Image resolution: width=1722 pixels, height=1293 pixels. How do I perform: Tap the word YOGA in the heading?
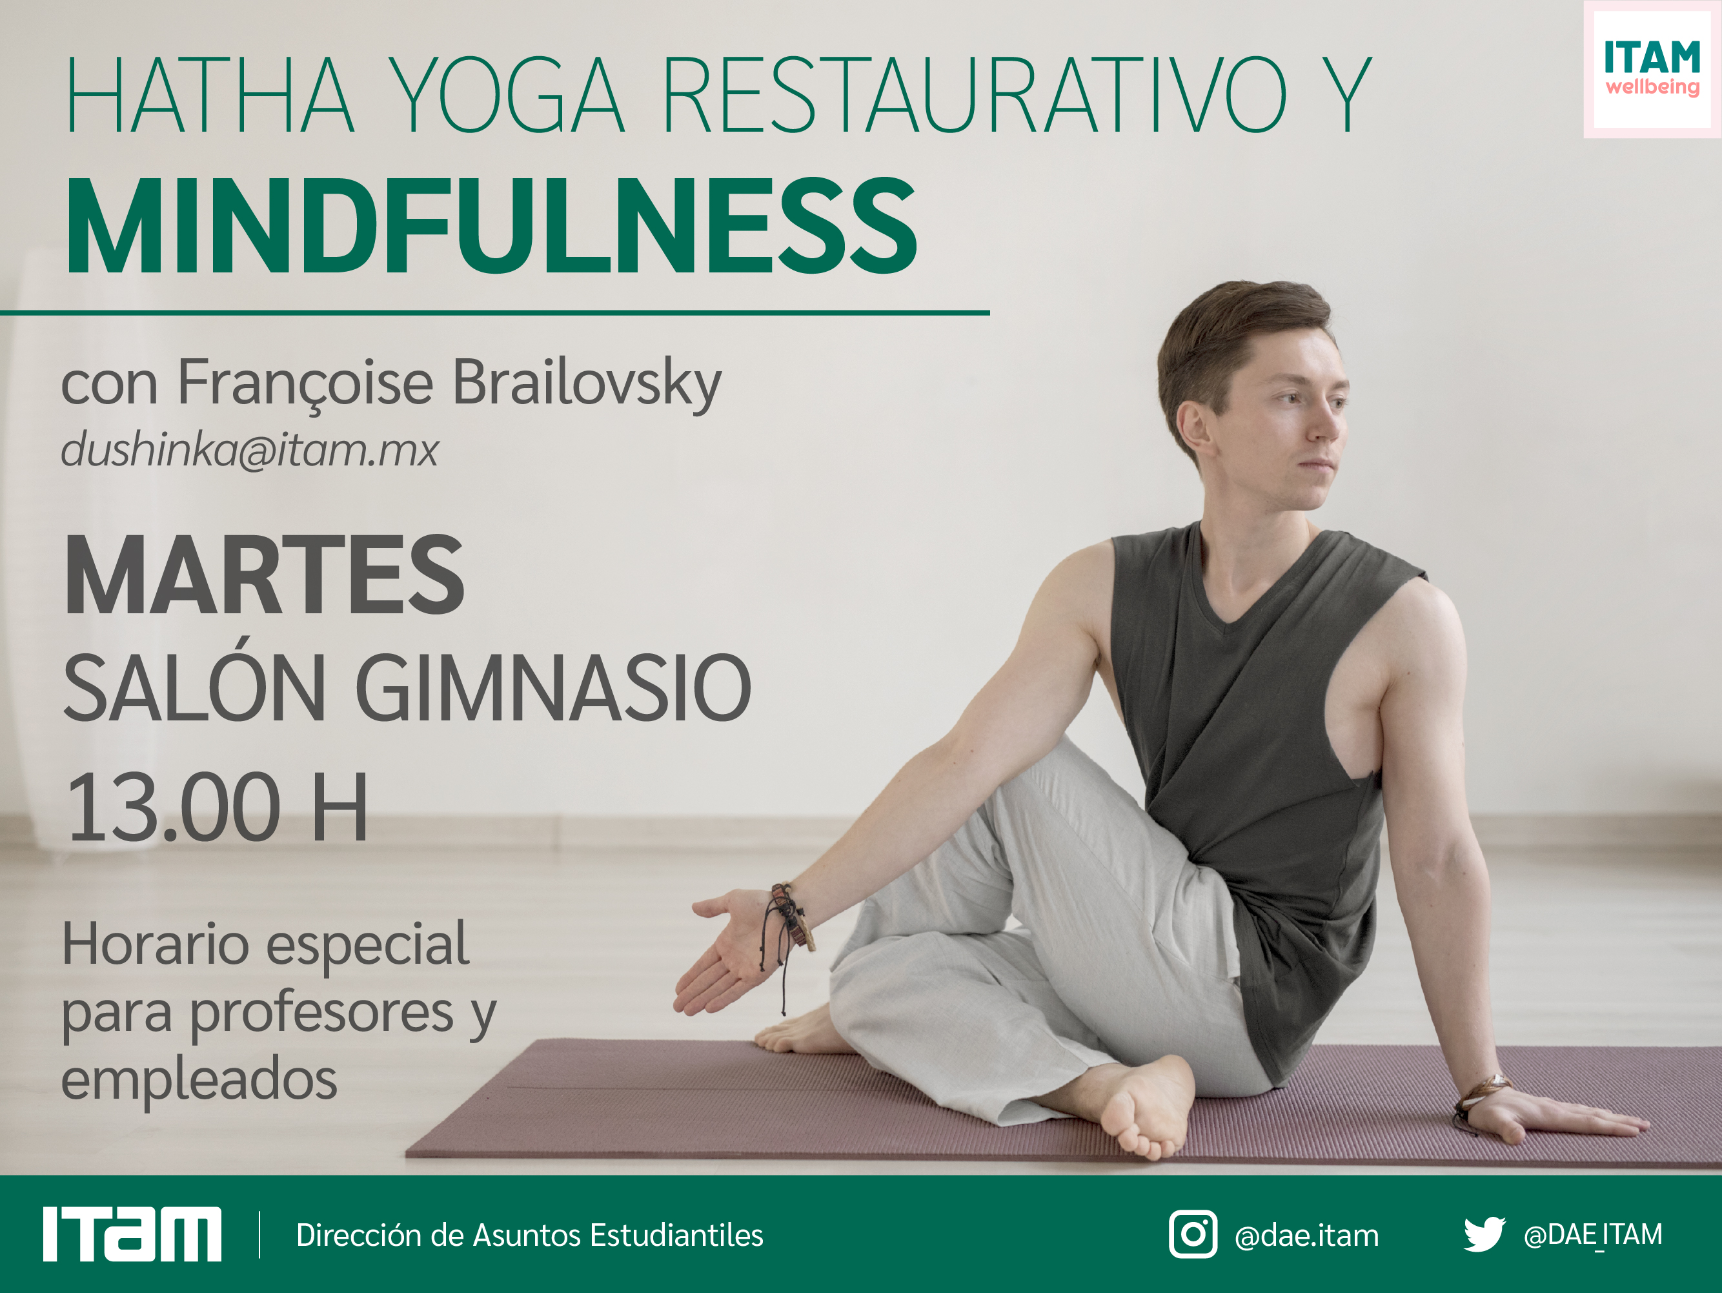pyautogui.click(x=506, y=95)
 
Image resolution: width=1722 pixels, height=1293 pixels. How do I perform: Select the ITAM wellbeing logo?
pyautogui.click(x=1652, y=68)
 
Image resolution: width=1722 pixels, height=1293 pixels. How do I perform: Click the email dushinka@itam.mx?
pyautogui.click(x=250, y=450)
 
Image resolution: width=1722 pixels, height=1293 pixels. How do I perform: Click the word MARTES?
pyautogui.click(x=265, y=575)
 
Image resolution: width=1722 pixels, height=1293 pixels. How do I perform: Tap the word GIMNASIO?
pyautogui.click(x=554, y=687)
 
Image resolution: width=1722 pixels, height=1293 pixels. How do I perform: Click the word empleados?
pyautogui.click(x=199, y=1081)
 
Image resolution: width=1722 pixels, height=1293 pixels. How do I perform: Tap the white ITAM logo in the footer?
pyautogui.click(x=132, y=1235)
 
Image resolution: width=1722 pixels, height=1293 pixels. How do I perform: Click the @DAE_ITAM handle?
pyautogui.click(x=1593, y=1235)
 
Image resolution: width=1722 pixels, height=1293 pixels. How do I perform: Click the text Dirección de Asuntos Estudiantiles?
pyautogui.click(x=529, y=1236)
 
